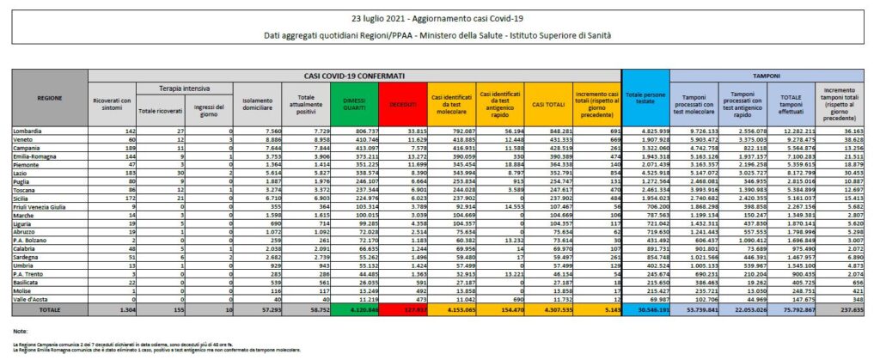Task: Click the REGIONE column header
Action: click(49, 99)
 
